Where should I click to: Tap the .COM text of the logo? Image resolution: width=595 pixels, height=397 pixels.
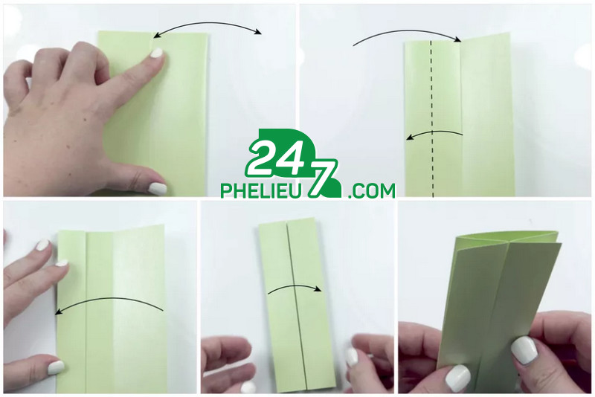[371, 191]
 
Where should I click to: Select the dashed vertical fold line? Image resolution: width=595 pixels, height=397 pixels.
[432, 118]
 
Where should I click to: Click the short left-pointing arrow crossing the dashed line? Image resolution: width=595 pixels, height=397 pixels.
[434, 133]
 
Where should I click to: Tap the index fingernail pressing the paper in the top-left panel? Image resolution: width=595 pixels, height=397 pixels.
[156, 53]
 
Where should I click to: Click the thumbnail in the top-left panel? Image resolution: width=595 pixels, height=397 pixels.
[157, 188]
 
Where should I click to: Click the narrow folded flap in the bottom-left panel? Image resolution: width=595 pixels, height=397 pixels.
[71, 312]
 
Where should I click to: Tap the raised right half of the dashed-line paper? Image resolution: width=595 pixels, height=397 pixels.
[487, 116]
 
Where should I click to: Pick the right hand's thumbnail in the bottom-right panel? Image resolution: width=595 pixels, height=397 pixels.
[524, 350]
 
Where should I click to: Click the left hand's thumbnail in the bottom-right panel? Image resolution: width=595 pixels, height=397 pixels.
[457, 378]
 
